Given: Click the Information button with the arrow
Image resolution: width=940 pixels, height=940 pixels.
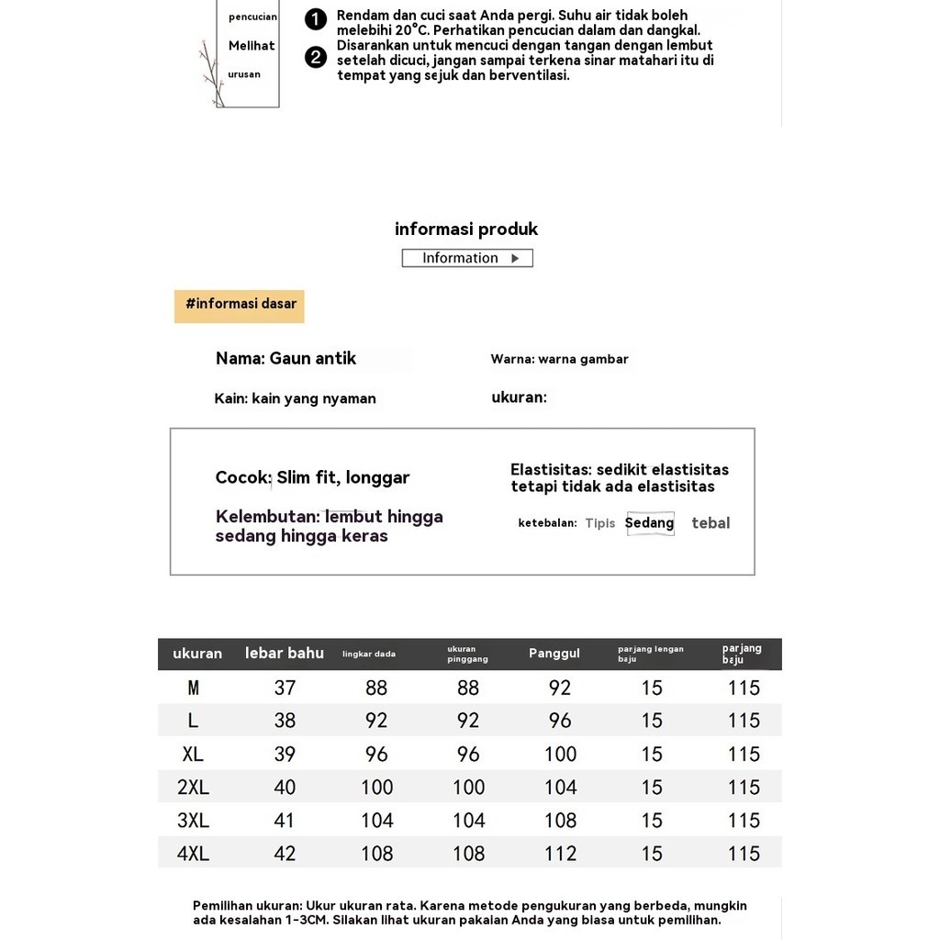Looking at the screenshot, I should [467, 258].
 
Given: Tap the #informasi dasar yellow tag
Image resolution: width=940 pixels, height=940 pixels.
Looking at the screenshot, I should [240, 305].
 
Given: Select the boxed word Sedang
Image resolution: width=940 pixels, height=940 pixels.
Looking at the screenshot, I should [650, 523].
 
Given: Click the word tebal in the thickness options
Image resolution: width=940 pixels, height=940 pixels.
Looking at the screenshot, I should [711, 523].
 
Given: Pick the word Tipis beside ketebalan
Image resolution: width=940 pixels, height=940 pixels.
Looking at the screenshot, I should [600, 523].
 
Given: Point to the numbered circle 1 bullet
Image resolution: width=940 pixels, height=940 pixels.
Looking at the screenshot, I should [316, 19].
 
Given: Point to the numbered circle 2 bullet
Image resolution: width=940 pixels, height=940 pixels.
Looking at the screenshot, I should [316, 58].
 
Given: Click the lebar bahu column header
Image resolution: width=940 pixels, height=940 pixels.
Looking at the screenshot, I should [285, 654].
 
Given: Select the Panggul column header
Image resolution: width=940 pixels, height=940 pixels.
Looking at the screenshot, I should [554, 654].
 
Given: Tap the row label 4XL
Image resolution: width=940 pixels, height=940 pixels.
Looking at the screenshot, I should [193, 854].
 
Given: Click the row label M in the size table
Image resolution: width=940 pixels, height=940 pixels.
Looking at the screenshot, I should [193, 688].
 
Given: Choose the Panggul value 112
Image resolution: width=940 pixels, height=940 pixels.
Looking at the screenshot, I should [560, 854].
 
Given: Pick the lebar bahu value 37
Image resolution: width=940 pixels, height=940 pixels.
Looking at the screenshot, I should [285, 688].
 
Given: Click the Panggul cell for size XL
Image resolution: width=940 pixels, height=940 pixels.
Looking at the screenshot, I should [560, 755].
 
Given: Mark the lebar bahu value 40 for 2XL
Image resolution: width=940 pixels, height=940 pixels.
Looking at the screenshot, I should [285, 788].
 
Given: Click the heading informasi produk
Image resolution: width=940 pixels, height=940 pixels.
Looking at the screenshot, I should [466, 229].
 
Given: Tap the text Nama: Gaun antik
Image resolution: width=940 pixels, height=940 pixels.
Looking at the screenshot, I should [285, 359].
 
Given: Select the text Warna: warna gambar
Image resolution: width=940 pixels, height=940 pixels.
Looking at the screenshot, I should [559, 360].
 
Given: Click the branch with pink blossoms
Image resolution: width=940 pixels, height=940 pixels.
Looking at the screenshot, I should [212, 73].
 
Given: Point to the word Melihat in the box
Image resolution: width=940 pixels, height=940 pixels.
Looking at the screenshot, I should [252, 46].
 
